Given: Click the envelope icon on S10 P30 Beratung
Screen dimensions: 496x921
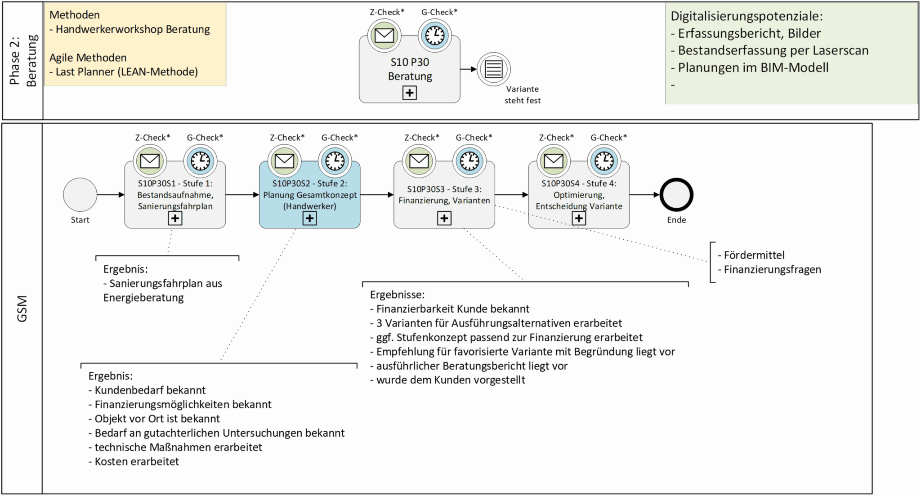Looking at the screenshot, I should [384, 35].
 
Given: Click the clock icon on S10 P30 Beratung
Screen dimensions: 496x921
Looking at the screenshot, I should [434, 35].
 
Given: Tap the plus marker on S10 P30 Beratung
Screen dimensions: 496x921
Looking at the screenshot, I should [409, 93].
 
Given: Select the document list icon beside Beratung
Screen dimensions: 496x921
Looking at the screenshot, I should [493, 69].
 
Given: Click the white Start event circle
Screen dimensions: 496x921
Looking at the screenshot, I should [80, 195].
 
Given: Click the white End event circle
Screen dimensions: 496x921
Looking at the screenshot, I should [676, 195].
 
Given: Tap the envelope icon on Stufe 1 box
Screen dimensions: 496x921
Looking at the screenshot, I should [150, 161].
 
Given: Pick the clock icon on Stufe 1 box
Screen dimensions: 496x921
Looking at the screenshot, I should [200, 161].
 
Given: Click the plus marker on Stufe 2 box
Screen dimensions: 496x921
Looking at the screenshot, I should [309, 219].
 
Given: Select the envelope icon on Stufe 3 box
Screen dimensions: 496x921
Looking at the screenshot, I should [419, 161].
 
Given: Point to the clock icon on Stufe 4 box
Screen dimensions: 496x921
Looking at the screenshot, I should [604, 161].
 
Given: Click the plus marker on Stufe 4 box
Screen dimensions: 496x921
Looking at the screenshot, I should [579, 219].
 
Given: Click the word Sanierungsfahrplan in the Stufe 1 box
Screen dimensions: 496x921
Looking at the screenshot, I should [175, 206].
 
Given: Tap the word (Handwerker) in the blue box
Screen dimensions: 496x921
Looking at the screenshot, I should [309, 206].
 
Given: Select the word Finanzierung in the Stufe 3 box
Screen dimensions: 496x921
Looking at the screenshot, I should [421, 201].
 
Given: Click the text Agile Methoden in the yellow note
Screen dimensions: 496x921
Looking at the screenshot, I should [88, 58].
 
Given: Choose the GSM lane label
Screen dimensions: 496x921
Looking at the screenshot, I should [22, 308].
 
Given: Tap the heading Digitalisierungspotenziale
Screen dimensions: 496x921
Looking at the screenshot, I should [747, 16].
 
